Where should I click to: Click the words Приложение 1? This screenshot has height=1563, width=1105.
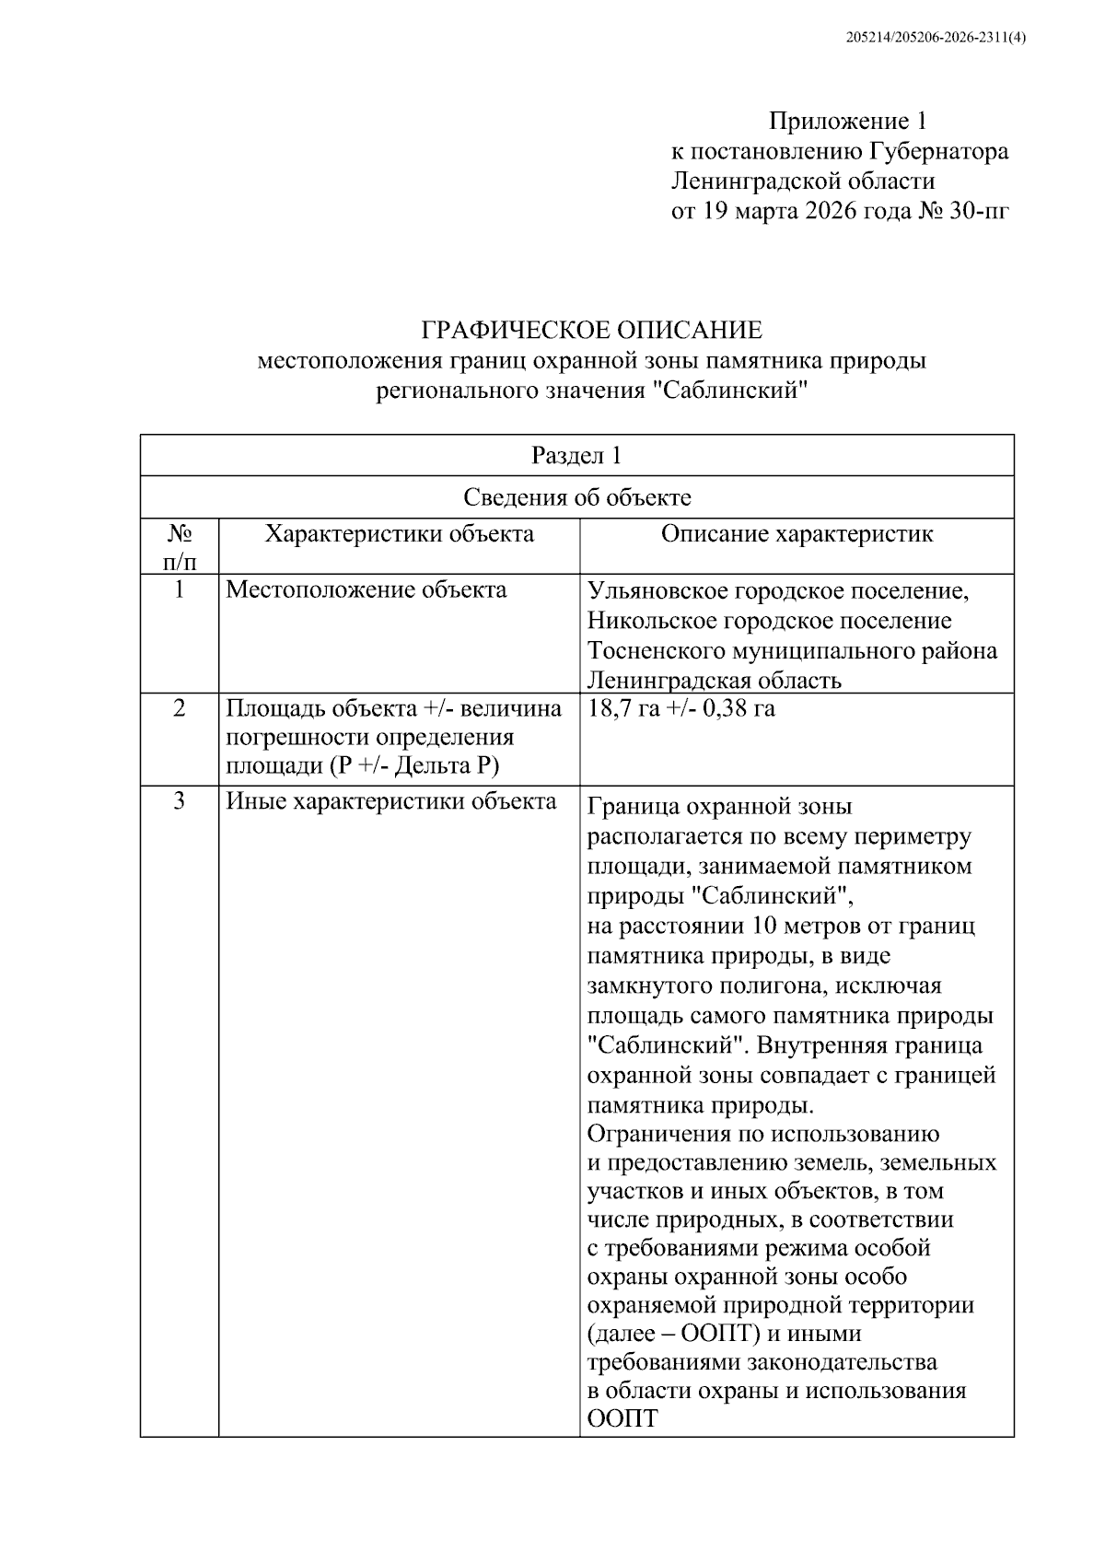click(847, 121)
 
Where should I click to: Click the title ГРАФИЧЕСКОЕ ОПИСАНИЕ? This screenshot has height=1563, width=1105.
click(591, 330)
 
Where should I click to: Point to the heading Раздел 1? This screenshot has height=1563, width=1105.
click(576, 455)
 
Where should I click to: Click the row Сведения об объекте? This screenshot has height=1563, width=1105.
click(576, 498)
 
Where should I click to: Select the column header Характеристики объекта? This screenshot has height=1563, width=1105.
click(399, 534)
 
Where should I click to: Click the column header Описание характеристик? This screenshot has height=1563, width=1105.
click(797, 534)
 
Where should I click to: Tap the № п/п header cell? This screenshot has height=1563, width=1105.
click(180, 546)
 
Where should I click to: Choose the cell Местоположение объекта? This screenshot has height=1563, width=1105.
click(366, 589)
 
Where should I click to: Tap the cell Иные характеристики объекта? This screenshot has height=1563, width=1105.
click(391, 800)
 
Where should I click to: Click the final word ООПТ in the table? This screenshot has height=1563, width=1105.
click(622, 1419)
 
